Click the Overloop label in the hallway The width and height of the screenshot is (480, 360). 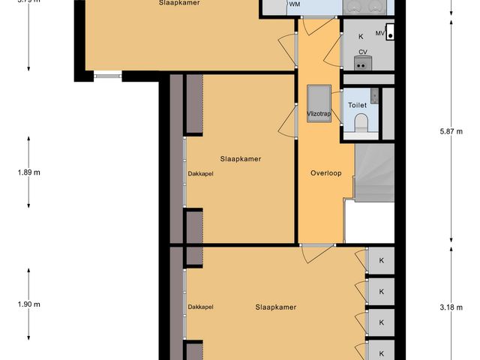(326, 173)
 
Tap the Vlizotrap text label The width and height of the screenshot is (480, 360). (319, 114)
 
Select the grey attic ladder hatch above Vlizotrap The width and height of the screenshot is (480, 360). (318, 97)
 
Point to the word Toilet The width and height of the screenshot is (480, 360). (357, 106)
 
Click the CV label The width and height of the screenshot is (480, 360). (363, 52)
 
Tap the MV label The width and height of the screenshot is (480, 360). (380, 34)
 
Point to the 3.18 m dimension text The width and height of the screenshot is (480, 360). (451, 306)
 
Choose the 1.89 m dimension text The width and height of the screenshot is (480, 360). (28, 172)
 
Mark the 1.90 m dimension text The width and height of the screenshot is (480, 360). (28, 304)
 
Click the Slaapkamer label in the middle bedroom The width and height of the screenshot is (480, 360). (241, 159)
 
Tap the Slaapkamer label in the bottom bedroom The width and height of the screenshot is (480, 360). (275, 307)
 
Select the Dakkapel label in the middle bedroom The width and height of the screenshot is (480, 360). (200, 175)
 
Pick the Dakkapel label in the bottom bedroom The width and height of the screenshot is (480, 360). (200, 307)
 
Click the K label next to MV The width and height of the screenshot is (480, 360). (361, 36)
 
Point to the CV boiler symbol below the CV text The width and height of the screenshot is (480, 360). (363, 64)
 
